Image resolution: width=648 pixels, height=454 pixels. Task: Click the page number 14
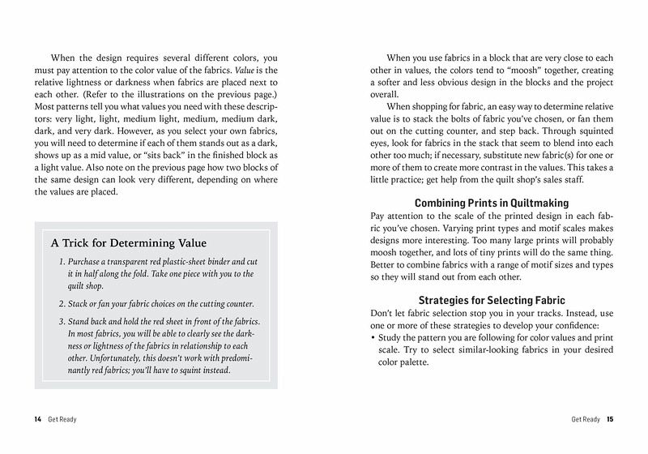[x=37, y=419]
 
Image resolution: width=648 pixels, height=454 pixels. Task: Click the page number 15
[x=610, y=419]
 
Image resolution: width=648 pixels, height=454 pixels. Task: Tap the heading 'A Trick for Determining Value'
[x=129, y=242]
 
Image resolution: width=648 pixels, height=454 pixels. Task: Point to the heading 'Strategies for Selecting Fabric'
[x=490, y=300]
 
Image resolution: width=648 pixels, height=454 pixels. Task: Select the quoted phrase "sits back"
[x=170, y=155]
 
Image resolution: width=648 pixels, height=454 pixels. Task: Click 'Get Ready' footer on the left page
[x=62, y=419]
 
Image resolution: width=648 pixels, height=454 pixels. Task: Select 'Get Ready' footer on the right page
[x=586, y=419]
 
